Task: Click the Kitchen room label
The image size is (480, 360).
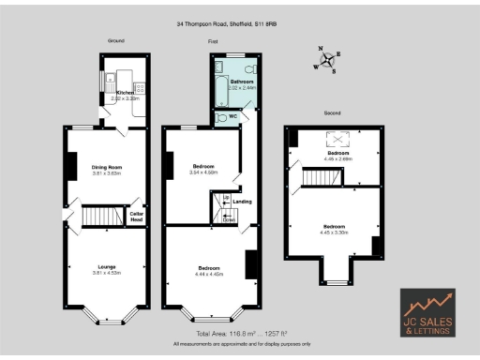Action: pyautogui.click(x=126, y=92)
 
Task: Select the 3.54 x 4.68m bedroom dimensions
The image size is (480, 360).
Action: pyautogui.click(x=203, y=172)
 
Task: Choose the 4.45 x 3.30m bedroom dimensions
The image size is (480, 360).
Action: pyautogui.click(x=334, y=231)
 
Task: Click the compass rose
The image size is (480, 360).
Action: pyautogui.click(x=327, y=60)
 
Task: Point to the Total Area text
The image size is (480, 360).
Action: pyautogui.click(x=240, y=334)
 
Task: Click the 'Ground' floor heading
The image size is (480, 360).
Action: pyautogui.click(x=116, y=41)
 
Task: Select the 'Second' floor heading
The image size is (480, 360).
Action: pyautogui.click(x=332, y=112)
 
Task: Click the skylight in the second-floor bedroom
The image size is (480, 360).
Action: pyautogui.click(x=336, y=140)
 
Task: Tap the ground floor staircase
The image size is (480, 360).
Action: pyautogui.click(x=97, y=217)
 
